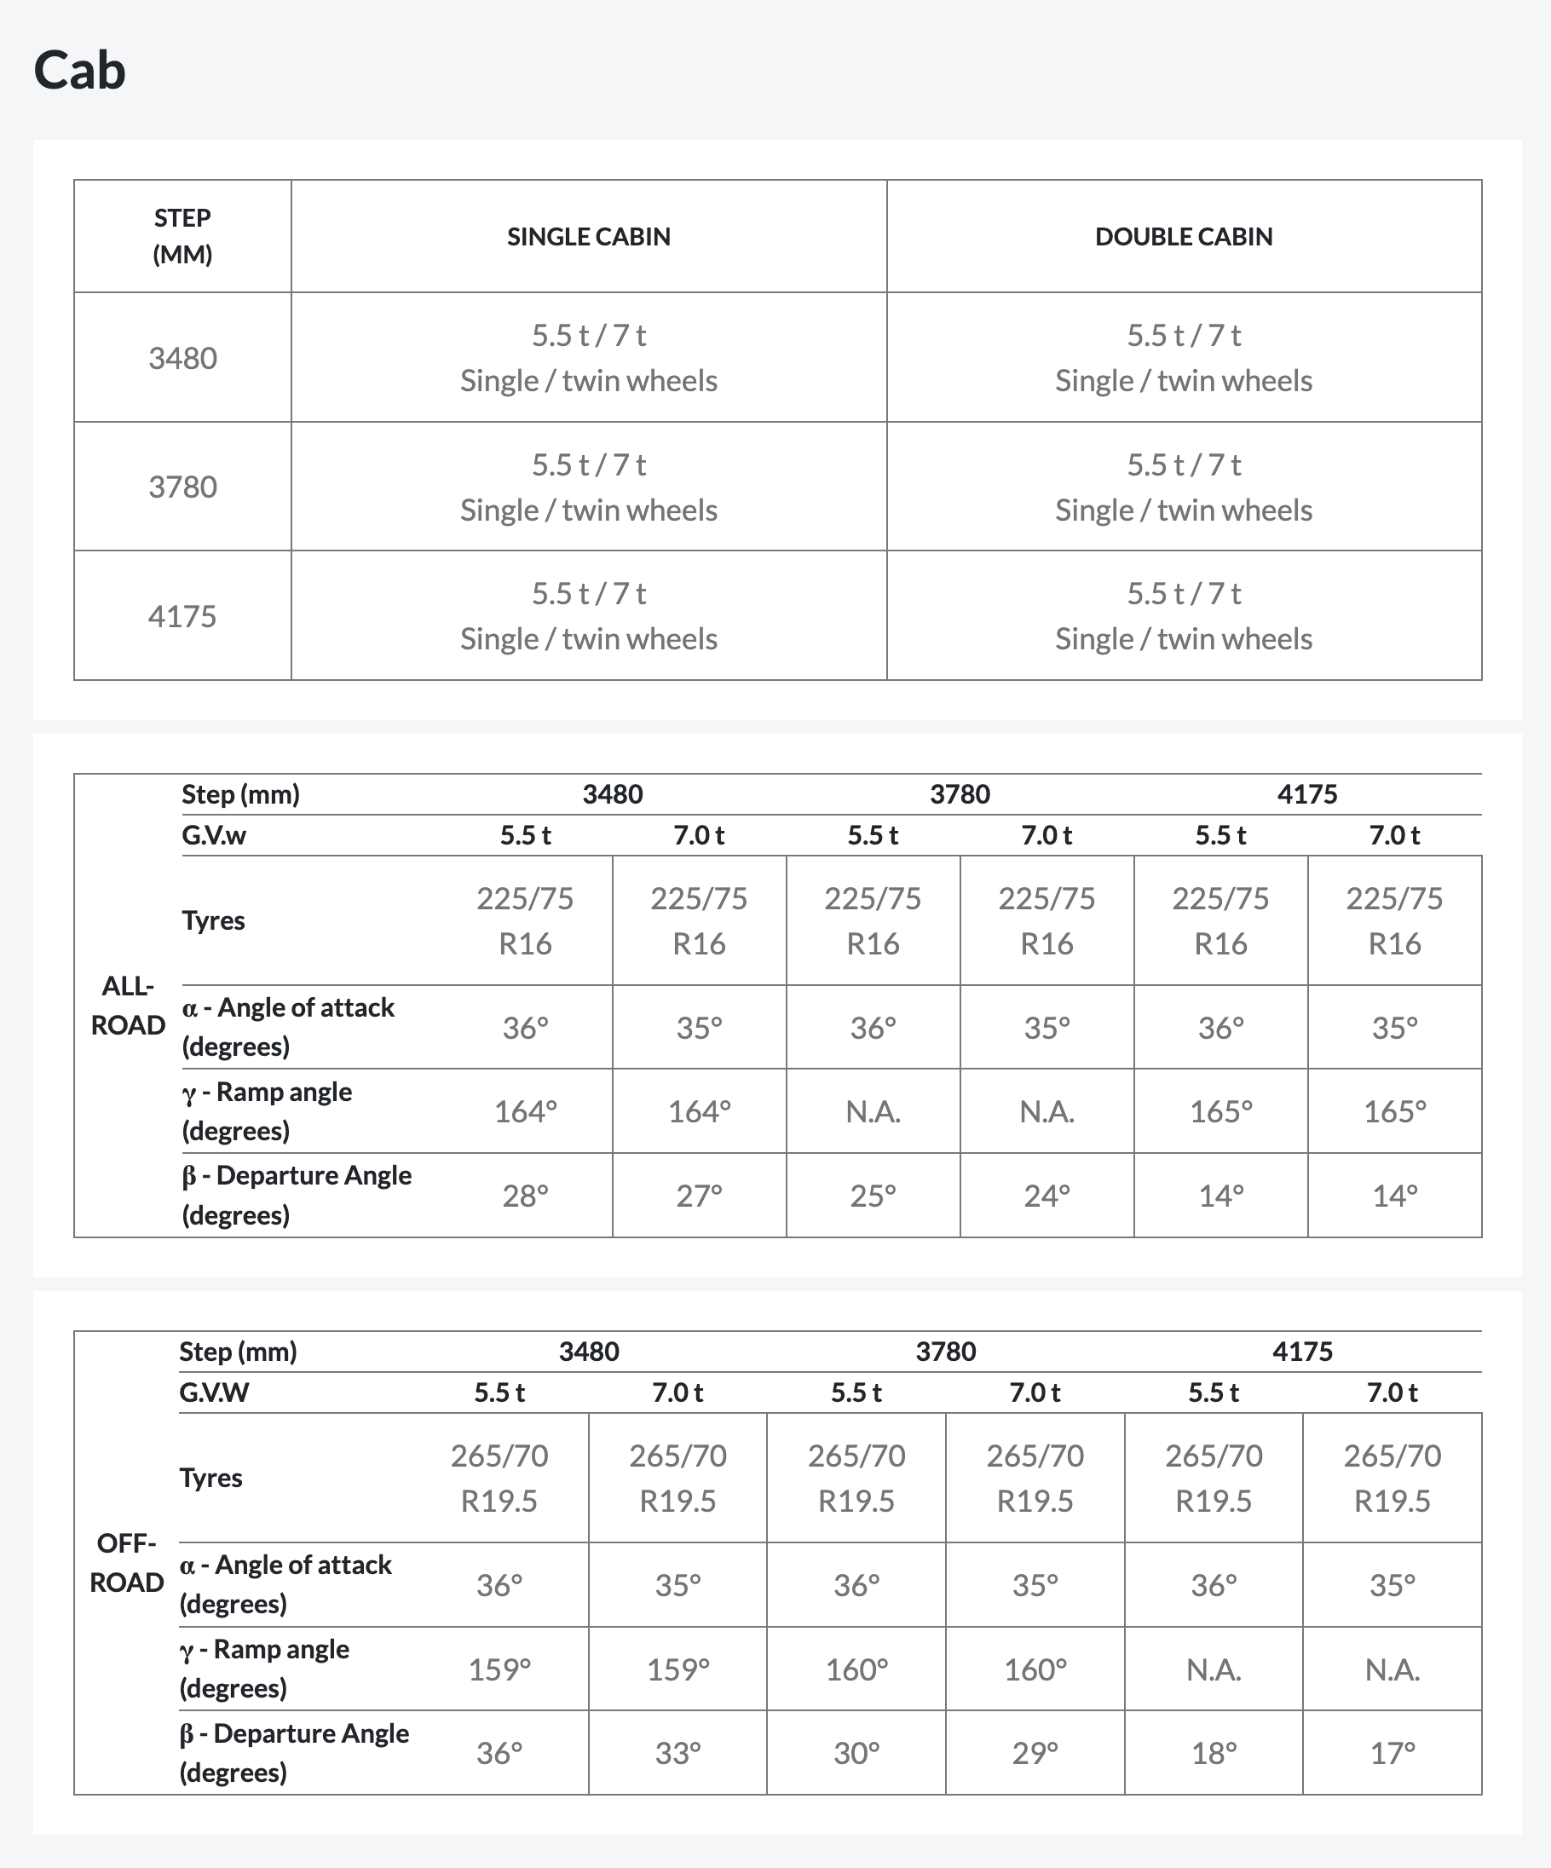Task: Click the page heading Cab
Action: coord(79,70)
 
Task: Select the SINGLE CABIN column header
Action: coord(588,237)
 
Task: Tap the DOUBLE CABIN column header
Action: coord(1183,237)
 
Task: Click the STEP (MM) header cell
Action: coord(182,236)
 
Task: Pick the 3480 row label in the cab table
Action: coord(182,358)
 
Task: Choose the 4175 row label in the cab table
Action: coord(182,616)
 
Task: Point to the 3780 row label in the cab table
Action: coord(182,487)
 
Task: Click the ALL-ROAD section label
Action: coord(128,1006)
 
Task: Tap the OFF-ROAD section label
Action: coord(126,1563)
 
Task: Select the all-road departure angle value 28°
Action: coord(525,1196)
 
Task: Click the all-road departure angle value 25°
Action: coord(873,1196)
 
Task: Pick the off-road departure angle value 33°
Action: coord(677,1753)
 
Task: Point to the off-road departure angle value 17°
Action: coord(1392,1753)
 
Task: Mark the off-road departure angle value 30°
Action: coord(856,1753)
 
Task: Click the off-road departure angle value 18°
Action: coord(1213,1753)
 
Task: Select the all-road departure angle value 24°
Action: coord(1046,1196)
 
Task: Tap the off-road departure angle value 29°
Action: coord(1035,1753)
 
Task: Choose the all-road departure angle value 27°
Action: coord(699,1196)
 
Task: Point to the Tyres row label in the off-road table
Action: coord(210,1478)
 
